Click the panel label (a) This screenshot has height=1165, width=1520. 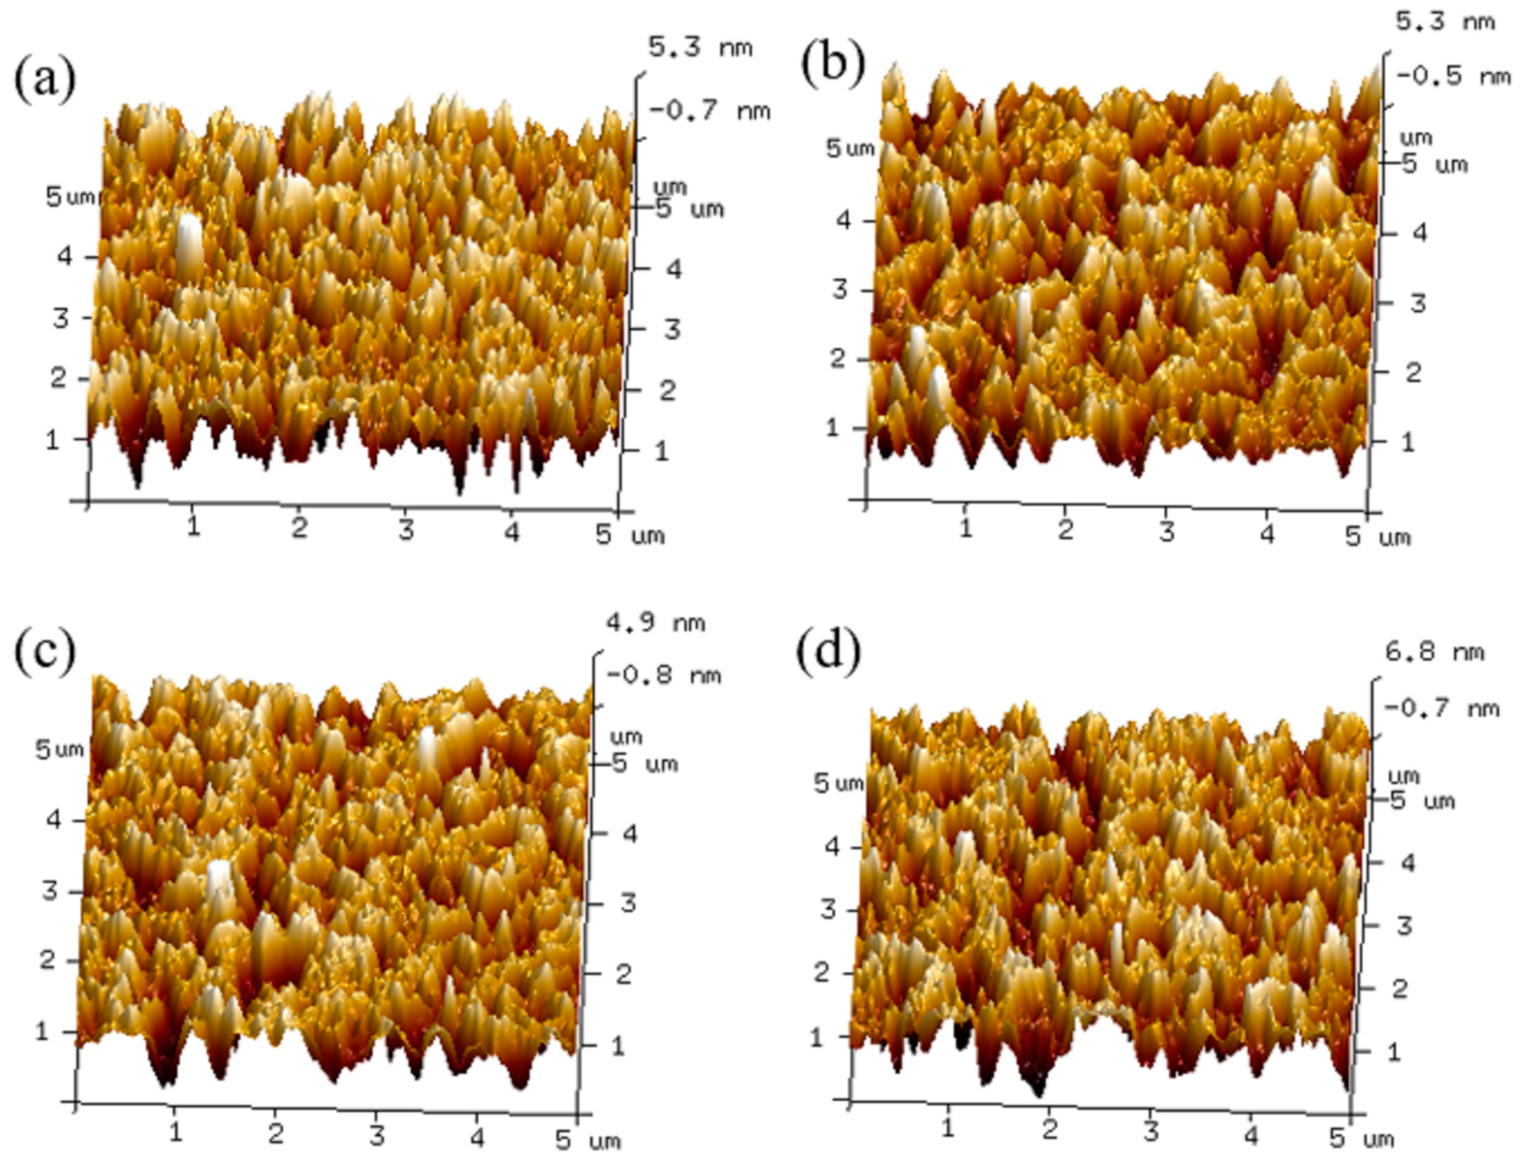44,81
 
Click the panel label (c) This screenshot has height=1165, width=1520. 44,653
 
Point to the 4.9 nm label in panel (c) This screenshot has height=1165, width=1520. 656,623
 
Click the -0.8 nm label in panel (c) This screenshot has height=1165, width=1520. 663,675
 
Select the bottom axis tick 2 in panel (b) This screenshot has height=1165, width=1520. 1066,530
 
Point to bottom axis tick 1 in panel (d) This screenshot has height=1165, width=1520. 947,1128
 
